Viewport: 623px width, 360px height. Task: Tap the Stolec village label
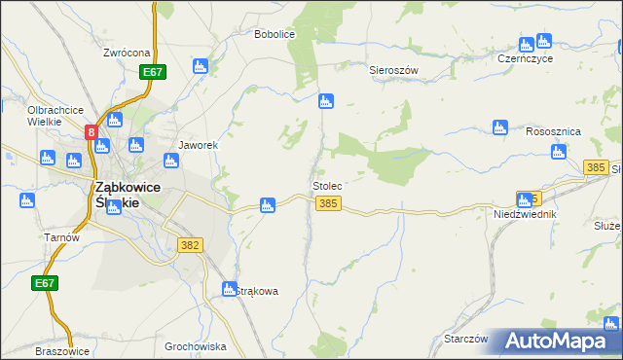327,185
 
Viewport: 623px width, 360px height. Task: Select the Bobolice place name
274,34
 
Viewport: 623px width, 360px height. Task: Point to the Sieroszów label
393,71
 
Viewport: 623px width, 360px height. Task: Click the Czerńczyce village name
525,58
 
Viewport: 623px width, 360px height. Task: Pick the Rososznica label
552,131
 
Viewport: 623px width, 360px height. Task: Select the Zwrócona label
127,53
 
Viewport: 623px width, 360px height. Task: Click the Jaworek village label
197,145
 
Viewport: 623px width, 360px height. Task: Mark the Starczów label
464,339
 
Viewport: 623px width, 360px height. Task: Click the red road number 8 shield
92,131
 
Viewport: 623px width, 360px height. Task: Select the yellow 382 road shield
190,245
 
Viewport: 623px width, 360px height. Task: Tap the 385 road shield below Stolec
328,202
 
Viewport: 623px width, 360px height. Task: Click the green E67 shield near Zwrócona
153,72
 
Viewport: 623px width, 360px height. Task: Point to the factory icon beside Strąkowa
230,289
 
